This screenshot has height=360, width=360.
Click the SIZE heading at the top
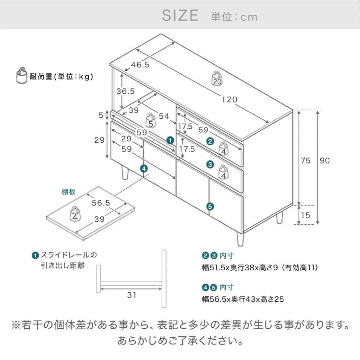click(180, 16)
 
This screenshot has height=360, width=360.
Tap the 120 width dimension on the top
click(230, 99)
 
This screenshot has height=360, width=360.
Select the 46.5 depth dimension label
click(140, 65)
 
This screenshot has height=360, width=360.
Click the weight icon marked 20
click(217, 79)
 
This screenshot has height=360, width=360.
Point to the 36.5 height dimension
click(125, 91)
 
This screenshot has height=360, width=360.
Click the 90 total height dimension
click(325, 160)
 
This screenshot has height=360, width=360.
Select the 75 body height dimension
click(305, 160)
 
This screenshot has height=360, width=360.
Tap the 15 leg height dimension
click(305, 215)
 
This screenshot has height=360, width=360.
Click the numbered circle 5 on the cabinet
click(210, 207)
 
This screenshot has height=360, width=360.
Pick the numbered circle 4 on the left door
click(144, 169)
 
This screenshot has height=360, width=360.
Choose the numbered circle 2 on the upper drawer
click(210, 141)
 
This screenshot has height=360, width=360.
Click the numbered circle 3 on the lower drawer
click(210, 164)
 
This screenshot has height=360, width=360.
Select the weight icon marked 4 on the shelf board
click(75, 214)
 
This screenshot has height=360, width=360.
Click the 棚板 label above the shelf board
click(68, 192)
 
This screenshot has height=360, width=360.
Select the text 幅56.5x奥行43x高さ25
click(243, 299)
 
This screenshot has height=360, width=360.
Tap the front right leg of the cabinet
click(240, 239)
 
